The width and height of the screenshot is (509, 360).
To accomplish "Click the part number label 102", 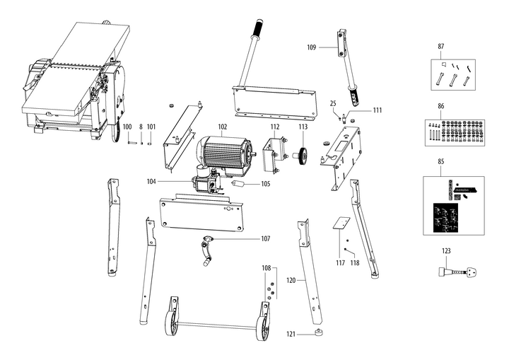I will (222, 127).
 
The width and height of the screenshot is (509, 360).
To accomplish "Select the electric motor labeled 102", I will (226, 153).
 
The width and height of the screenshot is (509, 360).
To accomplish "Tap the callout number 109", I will (312, 47).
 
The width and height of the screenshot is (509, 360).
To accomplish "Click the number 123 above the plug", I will (446, 250).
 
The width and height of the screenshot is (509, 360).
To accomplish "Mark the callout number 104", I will (152, 182).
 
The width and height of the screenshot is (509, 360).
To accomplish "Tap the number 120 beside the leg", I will (291, 281).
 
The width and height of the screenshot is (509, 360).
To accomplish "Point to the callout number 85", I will (441, 162).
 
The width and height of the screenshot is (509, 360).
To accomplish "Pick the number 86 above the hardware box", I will (441, 105).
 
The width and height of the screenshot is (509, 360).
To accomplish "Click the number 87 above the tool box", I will (441, 46).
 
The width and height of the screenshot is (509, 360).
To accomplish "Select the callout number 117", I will (340, 263).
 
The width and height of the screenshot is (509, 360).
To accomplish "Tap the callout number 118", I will (355, 263).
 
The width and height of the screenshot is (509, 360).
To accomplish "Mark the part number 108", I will (266, 268).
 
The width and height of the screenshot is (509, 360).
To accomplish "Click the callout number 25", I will (332, 104).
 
